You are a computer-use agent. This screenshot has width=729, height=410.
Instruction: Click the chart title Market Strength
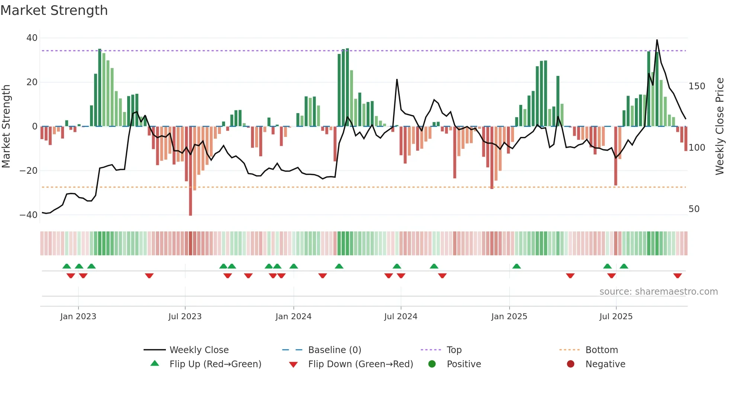[54, 10]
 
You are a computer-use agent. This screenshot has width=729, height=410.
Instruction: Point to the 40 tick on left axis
[32, 38]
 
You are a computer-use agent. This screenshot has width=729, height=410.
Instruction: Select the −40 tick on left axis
[29, 215]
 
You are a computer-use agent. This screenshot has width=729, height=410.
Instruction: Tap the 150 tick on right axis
[697, 86]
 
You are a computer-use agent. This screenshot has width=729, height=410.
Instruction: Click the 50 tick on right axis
[694, 209]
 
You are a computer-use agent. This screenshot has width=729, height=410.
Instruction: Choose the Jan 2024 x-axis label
[293, 317]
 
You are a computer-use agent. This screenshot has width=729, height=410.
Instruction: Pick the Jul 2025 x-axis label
[616, 317]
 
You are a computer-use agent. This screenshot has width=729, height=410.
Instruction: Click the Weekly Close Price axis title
[720, 126]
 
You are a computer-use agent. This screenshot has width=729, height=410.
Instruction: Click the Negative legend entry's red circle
[571, 364]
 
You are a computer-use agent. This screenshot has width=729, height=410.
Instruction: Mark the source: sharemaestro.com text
[658, 292]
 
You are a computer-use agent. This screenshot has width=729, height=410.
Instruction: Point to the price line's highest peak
[657, 40]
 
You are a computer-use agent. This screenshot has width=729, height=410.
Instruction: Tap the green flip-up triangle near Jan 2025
[517, 266]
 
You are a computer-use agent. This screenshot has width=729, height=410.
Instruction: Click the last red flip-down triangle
[677, 276]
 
